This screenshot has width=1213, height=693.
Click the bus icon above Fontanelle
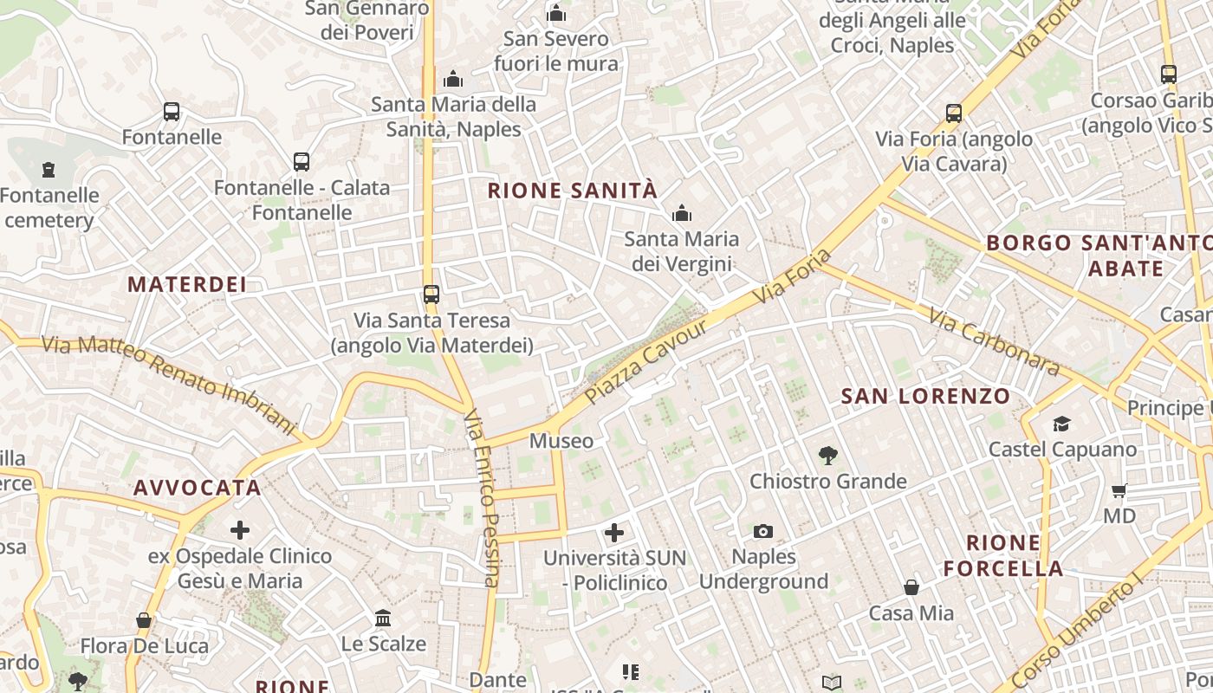pos(172,112)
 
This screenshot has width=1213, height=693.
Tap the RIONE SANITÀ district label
pos(573,191)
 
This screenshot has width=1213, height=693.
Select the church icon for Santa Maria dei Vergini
pos(682,213)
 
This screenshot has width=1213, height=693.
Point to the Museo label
pos(561,441)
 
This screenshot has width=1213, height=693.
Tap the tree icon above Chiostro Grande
pos(828,455)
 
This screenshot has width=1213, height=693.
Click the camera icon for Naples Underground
pos(763,531)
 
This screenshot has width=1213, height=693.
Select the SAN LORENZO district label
pos(925,397)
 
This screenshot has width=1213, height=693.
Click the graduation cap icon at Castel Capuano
pos(1061,424)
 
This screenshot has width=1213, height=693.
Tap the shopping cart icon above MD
pos(1119,490)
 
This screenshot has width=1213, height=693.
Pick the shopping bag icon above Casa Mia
pos(911,588)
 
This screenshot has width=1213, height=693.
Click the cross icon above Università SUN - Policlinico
pos(614,532)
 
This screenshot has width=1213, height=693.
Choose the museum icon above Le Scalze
pos(383,618)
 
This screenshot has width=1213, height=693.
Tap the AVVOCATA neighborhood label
pos(198,488)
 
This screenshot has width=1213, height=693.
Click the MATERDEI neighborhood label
pos(187,284)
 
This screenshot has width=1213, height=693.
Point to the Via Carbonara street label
pos(994,342)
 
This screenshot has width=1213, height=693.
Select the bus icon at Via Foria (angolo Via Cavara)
pos(954,113)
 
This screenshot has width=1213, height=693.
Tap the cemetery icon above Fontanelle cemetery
pos(49,170)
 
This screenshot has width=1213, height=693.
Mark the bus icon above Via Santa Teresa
pos(431,295)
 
